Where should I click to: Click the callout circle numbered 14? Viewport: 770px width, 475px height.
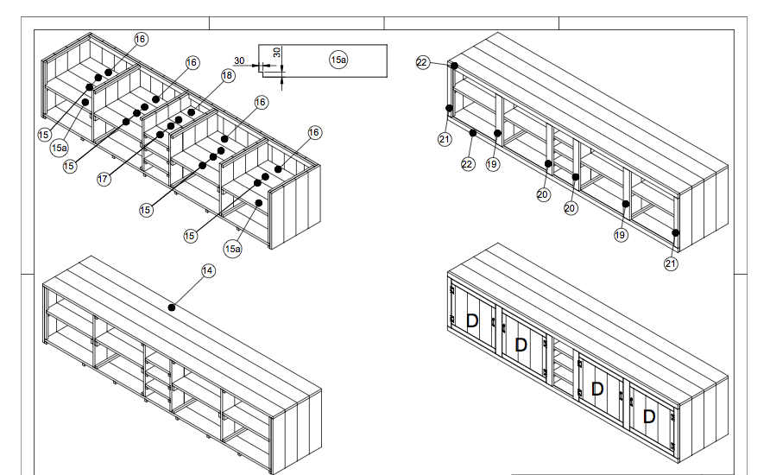(207, 271)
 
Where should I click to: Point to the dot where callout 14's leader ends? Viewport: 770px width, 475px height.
(173, 307)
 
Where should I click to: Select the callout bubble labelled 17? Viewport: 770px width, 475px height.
(104, 180)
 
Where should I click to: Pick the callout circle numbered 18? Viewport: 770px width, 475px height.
(227, 76)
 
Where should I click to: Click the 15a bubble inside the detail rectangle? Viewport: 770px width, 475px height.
(338, 59)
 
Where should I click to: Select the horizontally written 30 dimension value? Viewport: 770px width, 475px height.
(239, 60)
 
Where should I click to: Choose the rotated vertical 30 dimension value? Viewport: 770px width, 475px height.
(276, 52)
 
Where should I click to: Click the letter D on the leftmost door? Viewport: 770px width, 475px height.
(472, 320)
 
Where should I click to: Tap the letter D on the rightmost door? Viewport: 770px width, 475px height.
(649, 417)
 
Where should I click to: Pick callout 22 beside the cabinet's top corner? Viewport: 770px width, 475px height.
(422, 62)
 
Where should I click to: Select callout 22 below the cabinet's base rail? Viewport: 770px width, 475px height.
(468, 164)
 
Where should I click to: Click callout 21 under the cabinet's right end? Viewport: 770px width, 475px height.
(672, 264)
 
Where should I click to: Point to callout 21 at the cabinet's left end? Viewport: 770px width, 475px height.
(445, 139)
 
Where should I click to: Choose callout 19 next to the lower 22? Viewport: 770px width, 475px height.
(492, 164)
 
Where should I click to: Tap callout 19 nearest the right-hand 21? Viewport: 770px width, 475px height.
(621, 235)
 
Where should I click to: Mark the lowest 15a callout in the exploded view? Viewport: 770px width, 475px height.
(232, 249)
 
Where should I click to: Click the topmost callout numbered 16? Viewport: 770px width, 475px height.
(141, 39)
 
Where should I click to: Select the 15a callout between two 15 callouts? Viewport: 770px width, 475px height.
(59, 148)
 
